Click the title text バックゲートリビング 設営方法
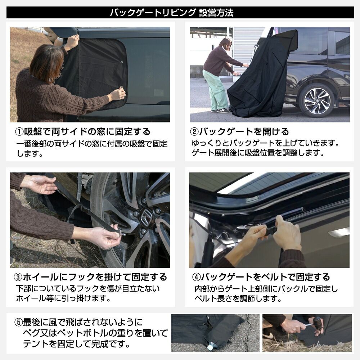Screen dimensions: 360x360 tap(172, 13)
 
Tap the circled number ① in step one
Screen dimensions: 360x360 tap(19, 132)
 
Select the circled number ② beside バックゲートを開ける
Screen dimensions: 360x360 tap(194, 132)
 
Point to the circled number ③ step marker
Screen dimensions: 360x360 tap(18, 277)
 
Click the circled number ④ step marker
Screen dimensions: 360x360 tap(196, 277)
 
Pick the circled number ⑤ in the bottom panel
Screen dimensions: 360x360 tap(18, 322)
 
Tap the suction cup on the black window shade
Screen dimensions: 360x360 tap(121, 62)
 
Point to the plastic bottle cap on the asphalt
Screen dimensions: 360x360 tap(210, 348)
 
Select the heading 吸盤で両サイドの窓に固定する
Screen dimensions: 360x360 tap(87, 132)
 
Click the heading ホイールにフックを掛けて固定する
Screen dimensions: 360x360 tap(95, 277)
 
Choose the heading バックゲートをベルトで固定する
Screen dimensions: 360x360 tap(266, 277)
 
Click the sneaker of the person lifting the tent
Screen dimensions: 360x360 tap(223, 111)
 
